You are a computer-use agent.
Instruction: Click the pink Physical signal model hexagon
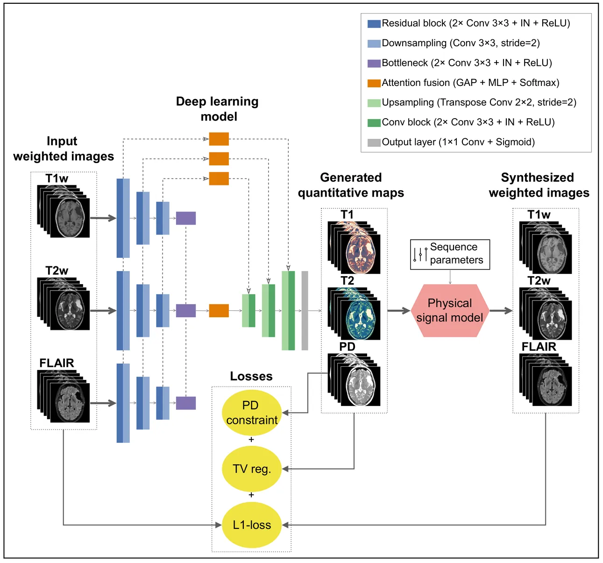450,311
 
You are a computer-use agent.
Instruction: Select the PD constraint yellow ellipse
252,413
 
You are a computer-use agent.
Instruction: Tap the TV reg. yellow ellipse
252,469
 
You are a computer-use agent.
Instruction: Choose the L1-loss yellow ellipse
252,525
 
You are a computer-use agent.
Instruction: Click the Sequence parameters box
450,254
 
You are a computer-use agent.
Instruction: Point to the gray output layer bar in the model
305,311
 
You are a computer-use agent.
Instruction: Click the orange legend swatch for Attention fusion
374,83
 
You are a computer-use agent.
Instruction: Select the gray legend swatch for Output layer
374,143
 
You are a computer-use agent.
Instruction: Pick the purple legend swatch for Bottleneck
374,63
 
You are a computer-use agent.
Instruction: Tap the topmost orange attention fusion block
219,139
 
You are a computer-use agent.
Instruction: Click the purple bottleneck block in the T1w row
185,218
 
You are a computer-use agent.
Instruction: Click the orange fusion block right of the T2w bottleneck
219,311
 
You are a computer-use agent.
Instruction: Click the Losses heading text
251,376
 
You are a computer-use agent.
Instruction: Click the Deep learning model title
218,109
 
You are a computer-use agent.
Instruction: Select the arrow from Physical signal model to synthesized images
501,311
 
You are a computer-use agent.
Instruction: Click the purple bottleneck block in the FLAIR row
185,403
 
